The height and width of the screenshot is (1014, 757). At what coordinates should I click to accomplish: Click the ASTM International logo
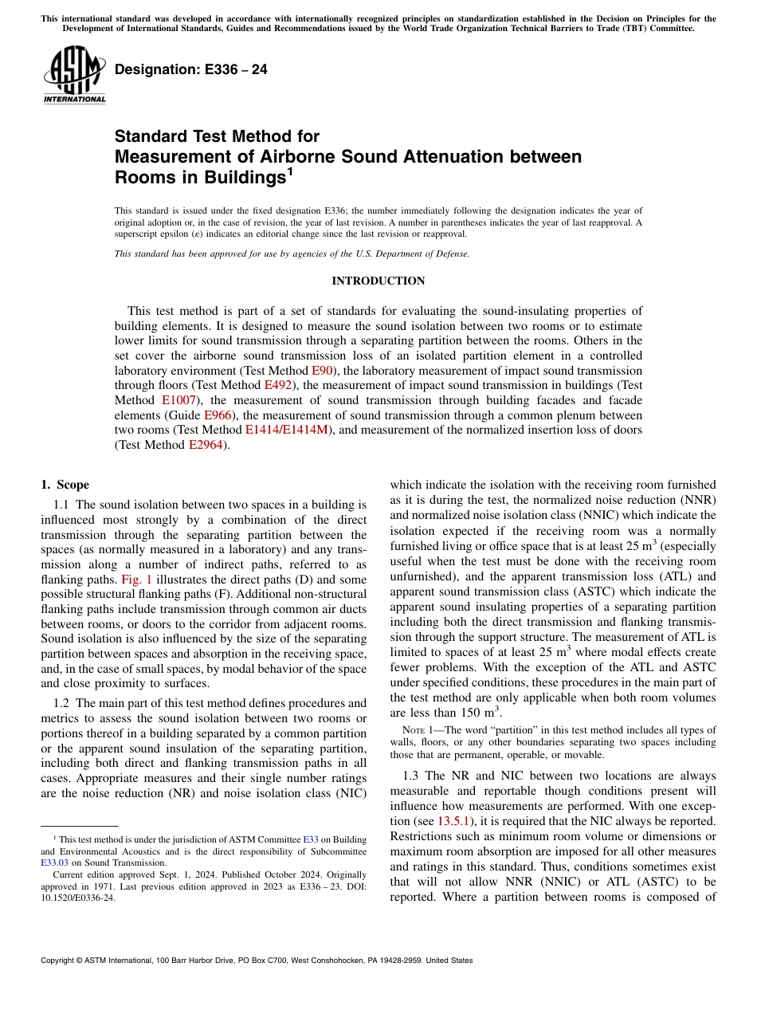74,74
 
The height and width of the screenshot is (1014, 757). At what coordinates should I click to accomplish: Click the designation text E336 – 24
191,69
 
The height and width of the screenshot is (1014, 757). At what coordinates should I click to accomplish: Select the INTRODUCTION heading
378,281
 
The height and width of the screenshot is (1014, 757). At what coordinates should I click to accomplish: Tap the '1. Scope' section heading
65,485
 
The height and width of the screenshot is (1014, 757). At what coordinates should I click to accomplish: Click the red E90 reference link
322,371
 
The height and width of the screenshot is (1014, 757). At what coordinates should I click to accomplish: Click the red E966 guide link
218,415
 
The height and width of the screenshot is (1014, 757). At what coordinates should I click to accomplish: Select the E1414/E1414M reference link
286,430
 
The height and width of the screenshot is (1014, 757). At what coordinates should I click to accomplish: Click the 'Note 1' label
416,729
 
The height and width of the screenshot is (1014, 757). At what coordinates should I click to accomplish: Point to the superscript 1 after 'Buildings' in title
291,171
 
